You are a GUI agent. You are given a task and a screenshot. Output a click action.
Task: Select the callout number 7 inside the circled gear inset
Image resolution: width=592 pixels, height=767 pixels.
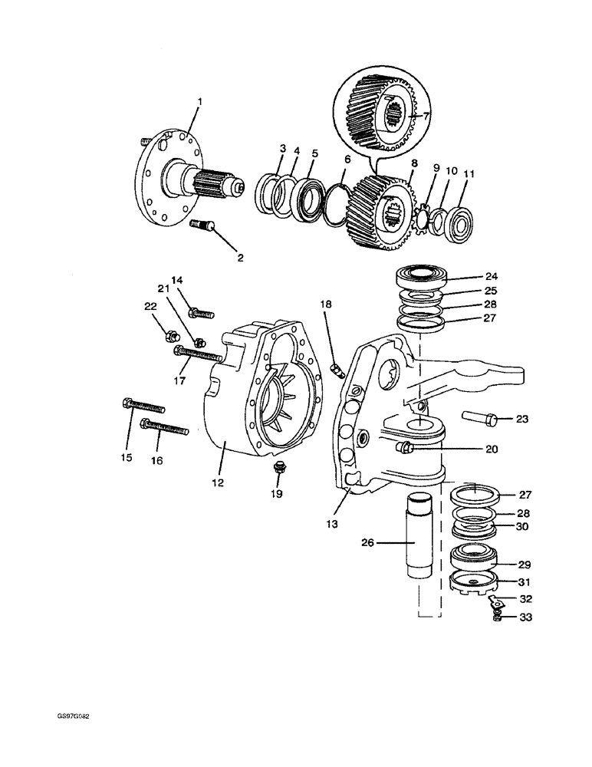tap(427, 115)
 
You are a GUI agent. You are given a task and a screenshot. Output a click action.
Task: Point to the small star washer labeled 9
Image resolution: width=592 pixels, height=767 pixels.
tap(420, 217)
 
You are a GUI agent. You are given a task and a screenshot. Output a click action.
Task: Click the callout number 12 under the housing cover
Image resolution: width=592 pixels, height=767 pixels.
tap(218, 482)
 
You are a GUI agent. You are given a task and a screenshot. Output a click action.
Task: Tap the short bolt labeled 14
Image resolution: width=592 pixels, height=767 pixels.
tap(199, 313)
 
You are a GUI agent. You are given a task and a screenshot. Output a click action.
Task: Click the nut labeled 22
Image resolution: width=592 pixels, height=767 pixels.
tap(172, 334)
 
